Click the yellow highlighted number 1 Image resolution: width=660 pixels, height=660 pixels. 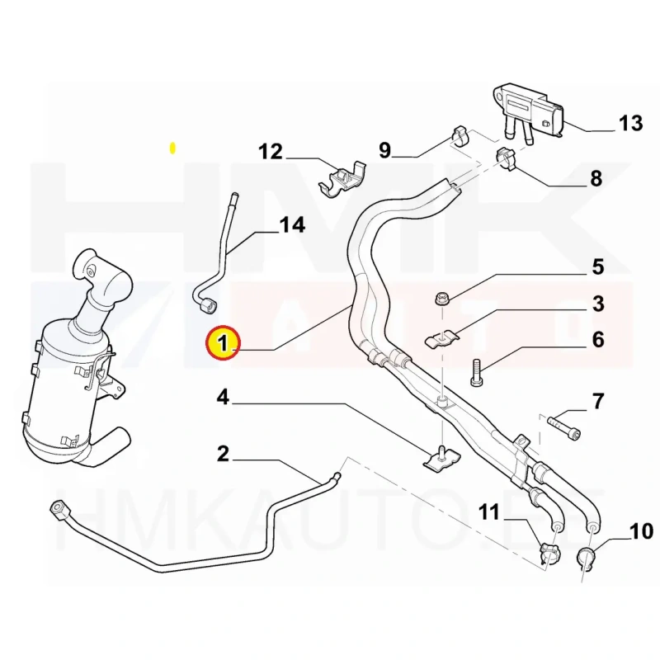point(223,342)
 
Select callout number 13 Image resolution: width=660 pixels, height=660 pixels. point(630,123)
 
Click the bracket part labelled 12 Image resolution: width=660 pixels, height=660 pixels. point(342,181)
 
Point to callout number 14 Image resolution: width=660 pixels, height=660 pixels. point(292,224)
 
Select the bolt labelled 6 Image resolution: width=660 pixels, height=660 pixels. point(477,371)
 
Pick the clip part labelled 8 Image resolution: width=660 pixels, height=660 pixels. point(505,158)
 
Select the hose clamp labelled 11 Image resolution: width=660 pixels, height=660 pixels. point(549,554)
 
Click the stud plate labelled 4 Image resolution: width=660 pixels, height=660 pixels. point(441,459)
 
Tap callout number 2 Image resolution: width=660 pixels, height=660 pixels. point(223,454)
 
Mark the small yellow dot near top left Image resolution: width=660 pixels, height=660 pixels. point(172,148)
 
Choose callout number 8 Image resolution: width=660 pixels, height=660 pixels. point(596,178)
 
